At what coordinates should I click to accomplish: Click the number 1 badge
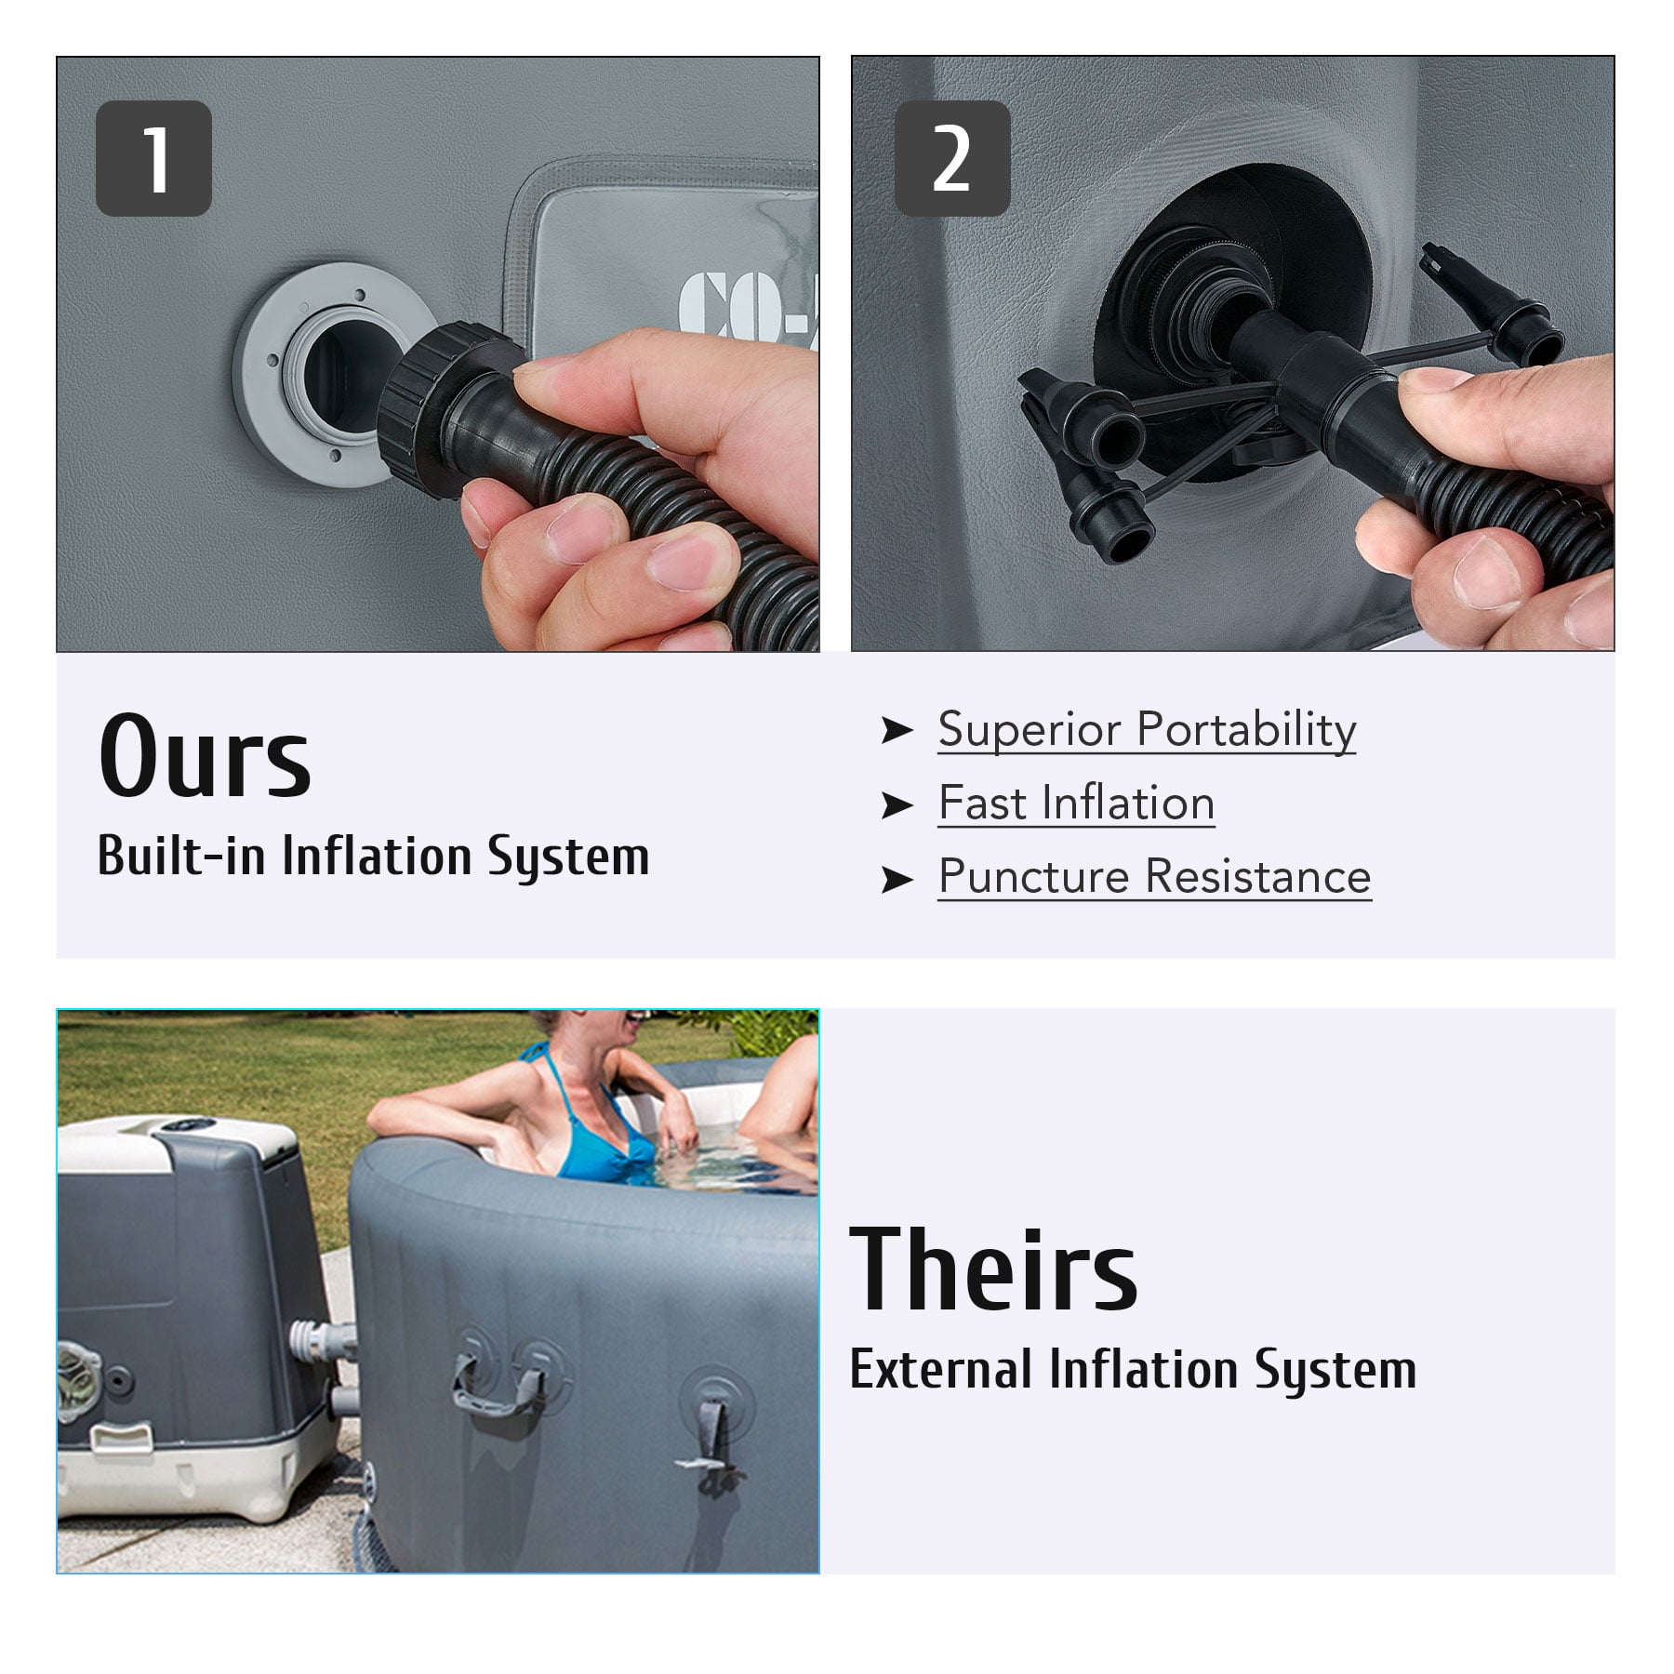click(x=153, y=159)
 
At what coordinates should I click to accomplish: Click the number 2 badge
click(x=952, y=159)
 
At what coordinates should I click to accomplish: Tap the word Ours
click(x=205, y=757)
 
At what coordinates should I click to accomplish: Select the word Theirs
click(x=994, y=1269)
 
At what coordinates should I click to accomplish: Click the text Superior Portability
click(x=1147, y=729)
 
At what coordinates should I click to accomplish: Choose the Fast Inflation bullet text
click(x=1076, y=803)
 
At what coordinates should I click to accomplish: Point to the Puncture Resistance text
click(x=1154, y=877)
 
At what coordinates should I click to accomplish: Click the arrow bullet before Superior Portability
click(x=897, y=731)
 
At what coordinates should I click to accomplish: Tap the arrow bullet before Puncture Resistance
click(x=897, y=879)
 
